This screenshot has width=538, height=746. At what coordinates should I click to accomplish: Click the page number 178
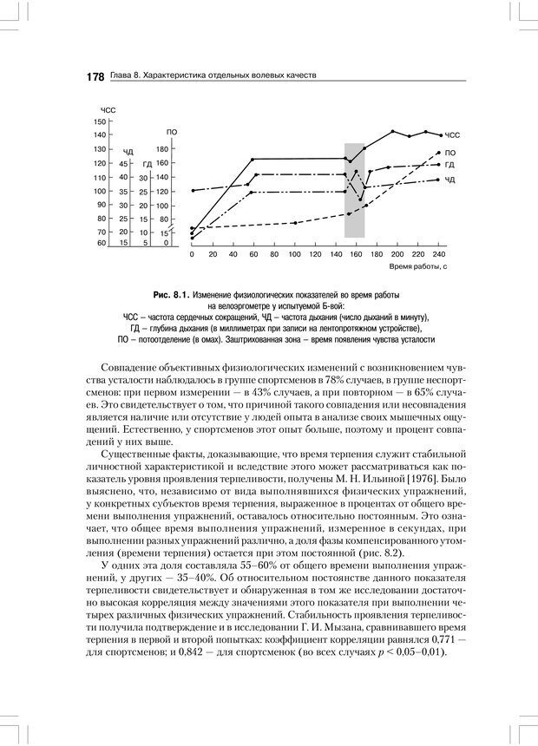(x=95, y=76)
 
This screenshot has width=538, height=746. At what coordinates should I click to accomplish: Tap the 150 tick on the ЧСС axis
(x=101, y=121)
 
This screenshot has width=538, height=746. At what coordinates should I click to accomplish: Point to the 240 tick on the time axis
(x=438, y=255)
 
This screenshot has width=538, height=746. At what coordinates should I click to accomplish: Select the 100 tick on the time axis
(x=294, y=255)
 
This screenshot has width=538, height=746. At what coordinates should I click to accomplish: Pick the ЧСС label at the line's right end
(x=452, y=136)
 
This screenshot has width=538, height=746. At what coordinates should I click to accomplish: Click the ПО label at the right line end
(x=450, y=153)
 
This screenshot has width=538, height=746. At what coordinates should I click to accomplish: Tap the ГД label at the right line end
(x=450, y=164)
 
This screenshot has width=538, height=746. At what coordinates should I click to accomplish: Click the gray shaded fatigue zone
(x=354, y=191)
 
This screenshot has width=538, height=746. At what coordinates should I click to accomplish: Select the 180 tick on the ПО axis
(x=161, y=149)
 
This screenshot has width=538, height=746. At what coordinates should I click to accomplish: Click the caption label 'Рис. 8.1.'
(x=169, y=296)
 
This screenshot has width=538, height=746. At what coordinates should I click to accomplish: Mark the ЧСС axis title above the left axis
(x=108, y=110)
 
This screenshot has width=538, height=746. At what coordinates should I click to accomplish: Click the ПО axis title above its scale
(x=172, y=132)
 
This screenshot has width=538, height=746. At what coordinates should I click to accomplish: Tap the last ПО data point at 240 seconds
(x=438, y=152)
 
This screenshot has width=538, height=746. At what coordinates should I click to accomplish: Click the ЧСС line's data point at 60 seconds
(x=253, y=159)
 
